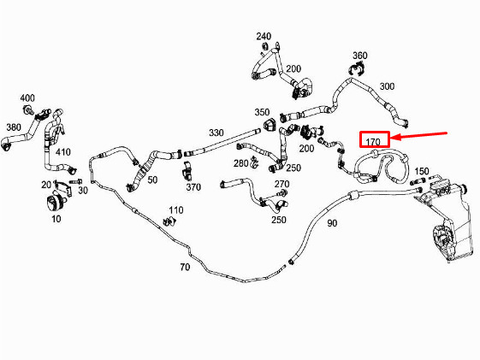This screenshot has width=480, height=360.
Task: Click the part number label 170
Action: point(373,142)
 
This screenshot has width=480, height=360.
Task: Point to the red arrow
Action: point(419,135)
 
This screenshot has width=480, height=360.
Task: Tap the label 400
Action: point(27,98)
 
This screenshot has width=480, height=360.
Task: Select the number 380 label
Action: point(14,127)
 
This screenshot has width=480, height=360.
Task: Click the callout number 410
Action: point(63,151)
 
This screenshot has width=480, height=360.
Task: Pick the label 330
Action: point(216,133)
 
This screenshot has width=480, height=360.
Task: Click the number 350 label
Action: point(262,112)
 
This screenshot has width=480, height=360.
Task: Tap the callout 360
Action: point(360,56)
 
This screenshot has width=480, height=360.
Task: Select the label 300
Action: point(387,86)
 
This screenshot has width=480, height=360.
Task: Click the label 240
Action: point(264,37)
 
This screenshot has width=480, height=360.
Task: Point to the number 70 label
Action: point(185,267)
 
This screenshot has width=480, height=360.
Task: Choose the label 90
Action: point(332,223)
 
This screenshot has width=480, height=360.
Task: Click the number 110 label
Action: point(176,210)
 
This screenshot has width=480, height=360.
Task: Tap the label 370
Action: point(193,186)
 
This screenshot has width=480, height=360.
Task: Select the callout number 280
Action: point(241,163)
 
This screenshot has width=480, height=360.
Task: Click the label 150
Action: point(422,171)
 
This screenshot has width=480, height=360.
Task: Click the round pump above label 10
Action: point(56,203)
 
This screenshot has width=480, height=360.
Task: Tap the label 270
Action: point(282,184)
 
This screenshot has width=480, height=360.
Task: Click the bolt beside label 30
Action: point(75,181)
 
